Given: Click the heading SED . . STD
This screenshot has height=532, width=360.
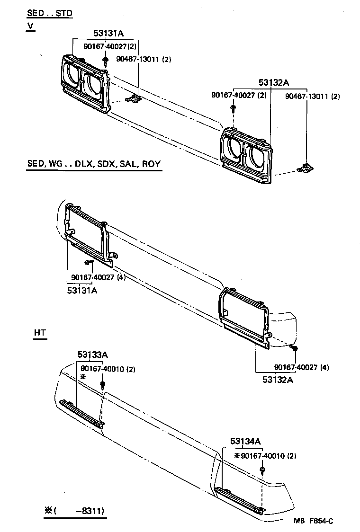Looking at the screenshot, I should (x=49, y=13).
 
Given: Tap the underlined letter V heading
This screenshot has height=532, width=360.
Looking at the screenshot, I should (x=30, y=26).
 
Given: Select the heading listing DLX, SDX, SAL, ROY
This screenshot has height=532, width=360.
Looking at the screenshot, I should (x=93, y=164).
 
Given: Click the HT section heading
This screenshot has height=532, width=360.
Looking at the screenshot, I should (x=40, y=333).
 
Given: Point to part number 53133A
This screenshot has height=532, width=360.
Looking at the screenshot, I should (x=93, y=355).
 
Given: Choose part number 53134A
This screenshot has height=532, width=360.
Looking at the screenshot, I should (x=245, y=441).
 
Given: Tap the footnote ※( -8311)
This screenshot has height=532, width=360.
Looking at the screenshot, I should (x=74, y=511).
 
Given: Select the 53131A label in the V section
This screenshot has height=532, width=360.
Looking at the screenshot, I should (x=108, y=33).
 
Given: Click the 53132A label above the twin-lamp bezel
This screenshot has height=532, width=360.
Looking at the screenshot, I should (x=274, y=82).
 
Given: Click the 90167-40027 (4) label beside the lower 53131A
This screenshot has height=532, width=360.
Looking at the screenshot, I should (x=99, y=277).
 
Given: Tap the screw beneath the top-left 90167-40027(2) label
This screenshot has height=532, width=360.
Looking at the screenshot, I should (x=104, y=61).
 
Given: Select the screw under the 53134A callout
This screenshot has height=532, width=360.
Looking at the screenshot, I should (x=262, y=470).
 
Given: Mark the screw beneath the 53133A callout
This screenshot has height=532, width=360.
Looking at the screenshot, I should (x=102, y=384).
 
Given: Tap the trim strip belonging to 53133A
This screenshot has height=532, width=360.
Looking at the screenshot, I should (x=81, y=413).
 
